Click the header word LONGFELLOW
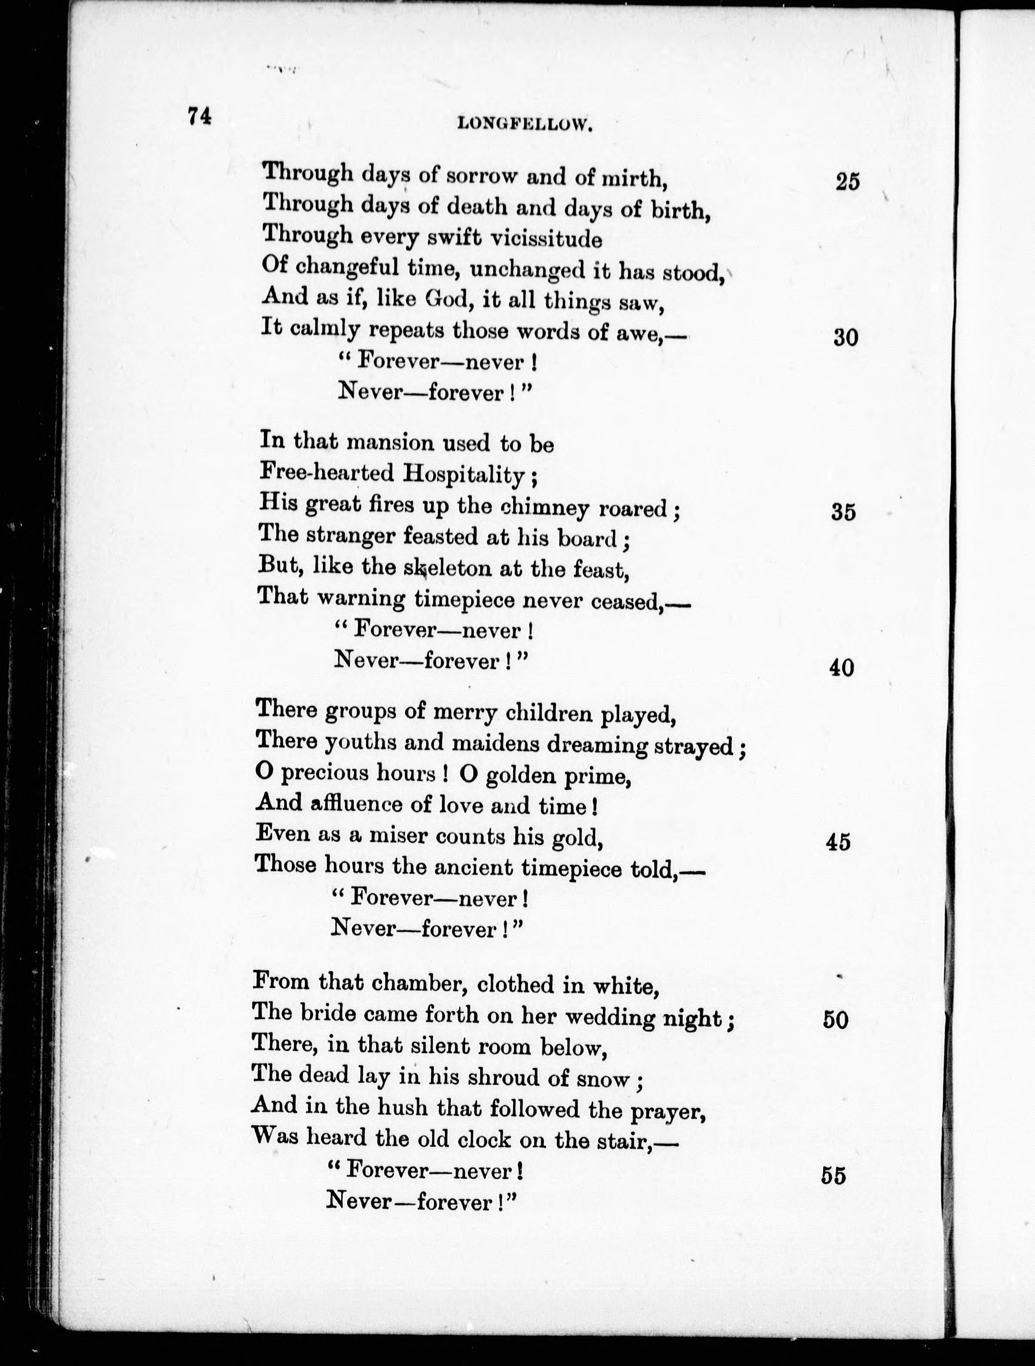click(x=525, y=125)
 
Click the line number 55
click(x=833, y=1175)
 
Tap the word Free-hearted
click(x=327, y=472)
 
